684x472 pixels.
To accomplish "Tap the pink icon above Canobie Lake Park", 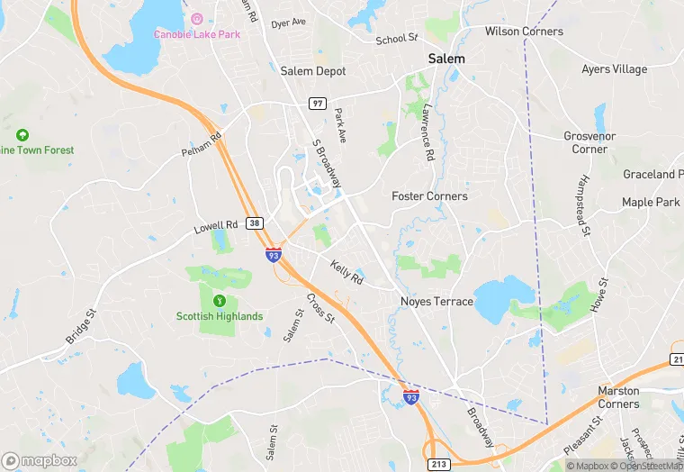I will [x=198, y=19].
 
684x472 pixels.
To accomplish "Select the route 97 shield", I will [x=317, y=104].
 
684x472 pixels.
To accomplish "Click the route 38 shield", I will [x=255, y=222].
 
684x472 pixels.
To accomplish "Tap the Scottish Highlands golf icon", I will [x=219, y=300].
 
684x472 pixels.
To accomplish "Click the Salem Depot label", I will [x=313, y=71].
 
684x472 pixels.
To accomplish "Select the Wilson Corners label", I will [x=524, y=32].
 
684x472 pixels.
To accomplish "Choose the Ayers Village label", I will [x=615, y=69].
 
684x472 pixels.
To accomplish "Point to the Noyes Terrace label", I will [x=436, y=302].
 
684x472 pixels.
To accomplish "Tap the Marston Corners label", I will [x=618, y=397].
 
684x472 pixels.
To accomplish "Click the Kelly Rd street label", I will [x=346, y=274].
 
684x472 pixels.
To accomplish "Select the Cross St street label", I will [x=320, y=309].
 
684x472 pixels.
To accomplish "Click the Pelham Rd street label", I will [x=201, y=144].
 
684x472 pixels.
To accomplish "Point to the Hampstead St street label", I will [x=584, y=213].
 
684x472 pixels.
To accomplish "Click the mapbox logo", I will [x=39, y=460].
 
